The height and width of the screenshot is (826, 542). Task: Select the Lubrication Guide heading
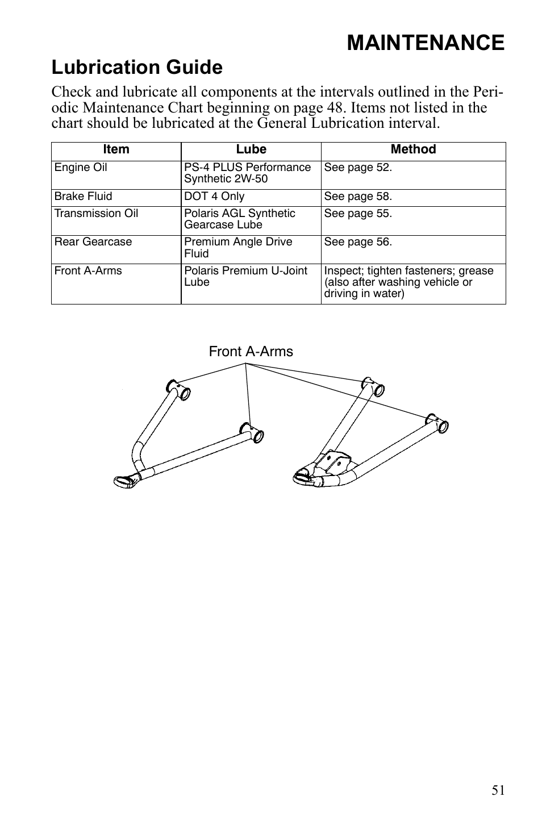pyautogui.click(x=137, y=68)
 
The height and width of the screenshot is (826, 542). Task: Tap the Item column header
pyautogui.click(x=116, y=149)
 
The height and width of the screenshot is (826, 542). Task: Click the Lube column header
pyautogui.click(x=251, y=149)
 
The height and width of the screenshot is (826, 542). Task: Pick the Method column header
pyautogui.click(x=413, y=149)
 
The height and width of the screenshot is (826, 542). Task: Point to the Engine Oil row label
pyautogui.click(x=81, y=168)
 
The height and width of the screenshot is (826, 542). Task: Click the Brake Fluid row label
pyautogui.click(x=83, y=197)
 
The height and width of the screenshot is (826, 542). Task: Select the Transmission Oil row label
pyautogui.click(x=96, y=214)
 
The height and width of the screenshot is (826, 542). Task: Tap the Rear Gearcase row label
pyautogui.click(x=93, y=242)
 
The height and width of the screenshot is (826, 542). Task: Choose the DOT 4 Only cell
pyautogui.click(x=214, y=197)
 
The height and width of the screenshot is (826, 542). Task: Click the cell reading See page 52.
pyautogui.click(x=358, y=168)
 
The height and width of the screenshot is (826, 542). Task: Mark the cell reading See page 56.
pyautogui.click(x=358, y=242)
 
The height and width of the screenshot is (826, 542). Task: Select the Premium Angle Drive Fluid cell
pyautogui.click(x=238, y=248)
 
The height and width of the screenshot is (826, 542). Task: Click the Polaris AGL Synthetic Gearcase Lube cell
pyautogui.click(x=240, y=219)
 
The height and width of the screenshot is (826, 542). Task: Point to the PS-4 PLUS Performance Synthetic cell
pyautogui.click(x=247, y=173)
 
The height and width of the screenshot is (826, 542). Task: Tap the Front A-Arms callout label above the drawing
pyautogui.click(x=251, y=352)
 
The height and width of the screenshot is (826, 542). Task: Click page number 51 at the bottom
pyautogui.click(x=498, y=790)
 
